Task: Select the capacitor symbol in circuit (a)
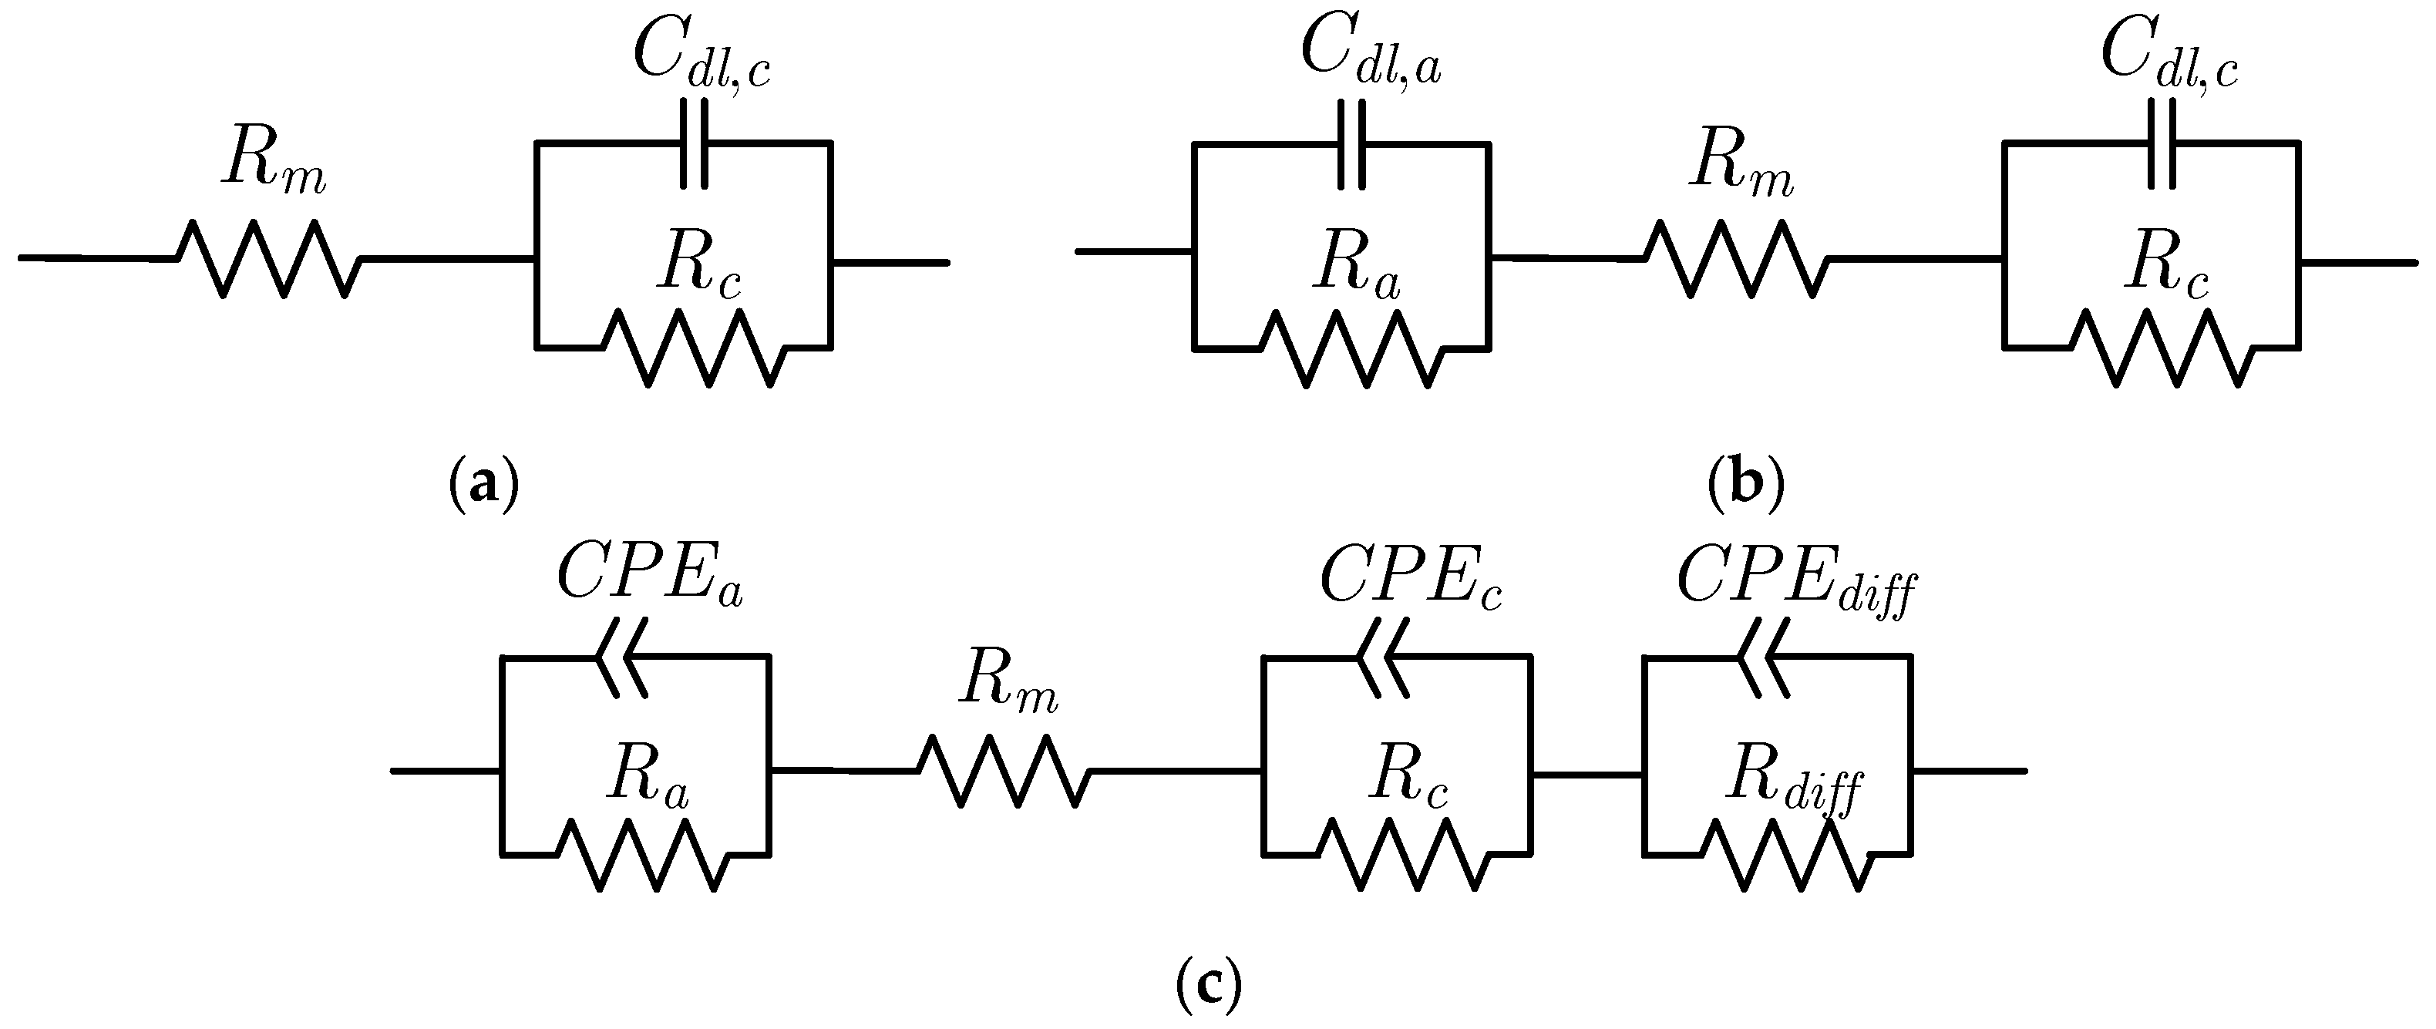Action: [x=693, y=144]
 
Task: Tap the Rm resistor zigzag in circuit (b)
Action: [x=1736, y=258]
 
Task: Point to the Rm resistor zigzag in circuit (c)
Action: [x=1004, y=771]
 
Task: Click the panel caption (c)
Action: [x=1209, y=987]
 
